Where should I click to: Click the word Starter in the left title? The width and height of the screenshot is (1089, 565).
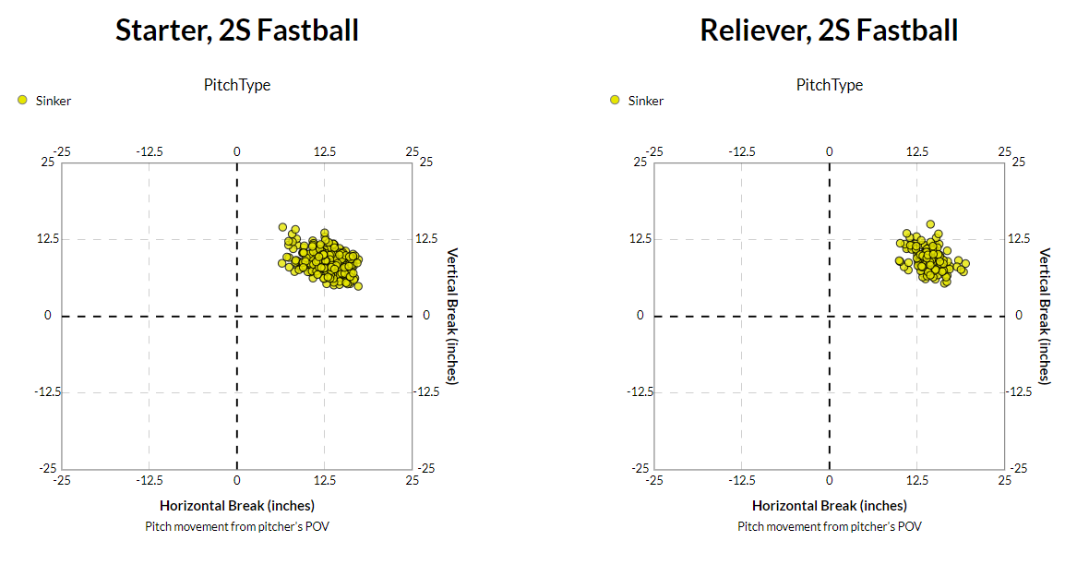click(162, 30)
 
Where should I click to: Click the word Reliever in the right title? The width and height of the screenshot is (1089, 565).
click(748, 30)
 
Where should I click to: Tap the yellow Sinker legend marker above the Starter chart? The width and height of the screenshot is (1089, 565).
click(22, 100)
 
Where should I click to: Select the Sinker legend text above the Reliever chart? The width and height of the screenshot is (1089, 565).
click(646, 101)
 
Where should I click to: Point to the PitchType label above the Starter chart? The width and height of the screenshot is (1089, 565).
click(237, 85)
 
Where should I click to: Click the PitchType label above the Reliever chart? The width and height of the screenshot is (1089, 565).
click(830, 85)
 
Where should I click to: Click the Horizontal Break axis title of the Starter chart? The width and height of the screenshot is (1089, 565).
click(237, 505)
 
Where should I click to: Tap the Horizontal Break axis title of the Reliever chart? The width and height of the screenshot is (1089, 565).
click(830, 505)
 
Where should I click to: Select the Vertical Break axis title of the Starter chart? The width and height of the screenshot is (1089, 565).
click(452, 316)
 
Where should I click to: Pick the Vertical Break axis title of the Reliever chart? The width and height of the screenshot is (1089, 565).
click(1045, 316)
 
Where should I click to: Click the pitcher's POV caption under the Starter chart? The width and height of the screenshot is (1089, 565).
click(237, 526)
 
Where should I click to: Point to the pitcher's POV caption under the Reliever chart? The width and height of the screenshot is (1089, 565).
click(830, 526)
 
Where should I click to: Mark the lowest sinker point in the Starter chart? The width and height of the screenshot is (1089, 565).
click(358, 286)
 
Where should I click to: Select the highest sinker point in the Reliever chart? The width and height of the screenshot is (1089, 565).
click(930, 224)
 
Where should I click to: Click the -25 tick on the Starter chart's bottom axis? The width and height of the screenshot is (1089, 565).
click(62, 480)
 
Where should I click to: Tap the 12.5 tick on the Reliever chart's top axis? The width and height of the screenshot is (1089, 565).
click(916, 150)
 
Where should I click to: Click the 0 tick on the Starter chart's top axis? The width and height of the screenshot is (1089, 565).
click(237, 150)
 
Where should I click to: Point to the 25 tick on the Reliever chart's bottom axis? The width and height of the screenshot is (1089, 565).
click(1004, 480)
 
